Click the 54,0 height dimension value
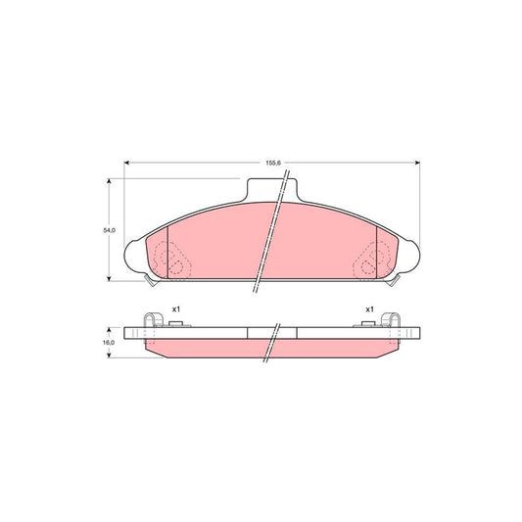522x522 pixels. click(111, 229)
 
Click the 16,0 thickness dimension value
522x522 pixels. click(110, 343)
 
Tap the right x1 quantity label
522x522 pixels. click(369, 309)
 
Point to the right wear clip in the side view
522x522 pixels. click(395, 323)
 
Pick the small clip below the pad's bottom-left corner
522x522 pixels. click(148, 282)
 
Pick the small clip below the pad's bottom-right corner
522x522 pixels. click(396, 282)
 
